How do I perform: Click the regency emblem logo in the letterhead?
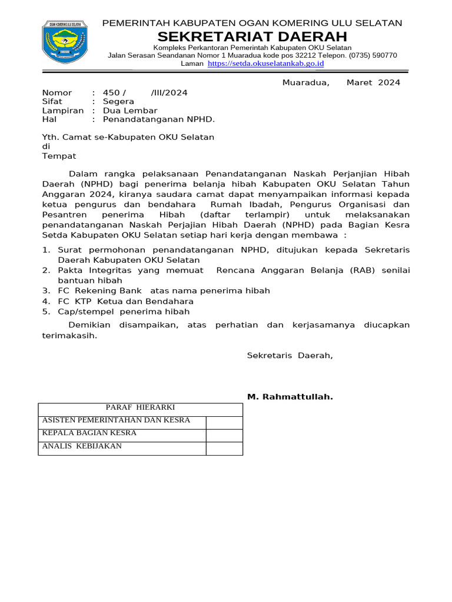[x=65, y=42]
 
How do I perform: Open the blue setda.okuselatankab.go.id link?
[x=266, y=63]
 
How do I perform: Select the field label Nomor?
[x=57, y=93]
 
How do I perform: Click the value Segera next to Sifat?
[x=118, y=102]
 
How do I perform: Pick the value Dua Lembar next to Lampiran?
[x=130, y=111]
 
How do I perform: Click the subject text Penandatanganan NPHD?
[x=159, y=119]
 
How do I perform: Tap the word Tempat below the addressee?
[x=59, y=156]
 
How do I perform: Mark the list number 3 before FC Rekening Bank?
[x=45, y=290]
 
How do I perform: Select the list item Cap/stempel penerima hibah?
[x=124, y=312]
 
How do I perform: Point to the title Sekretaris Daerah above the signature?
[x=290, y=355]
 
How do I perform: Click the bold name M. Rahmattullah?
[x=290, y=397]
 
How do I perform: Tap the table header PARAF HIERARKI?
[x=140, y=407]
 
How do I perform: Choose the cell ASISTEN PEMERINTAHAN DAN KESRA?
[x=116, y=420]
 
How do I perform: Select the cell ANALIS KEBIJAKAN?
[x=82, y=446]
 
